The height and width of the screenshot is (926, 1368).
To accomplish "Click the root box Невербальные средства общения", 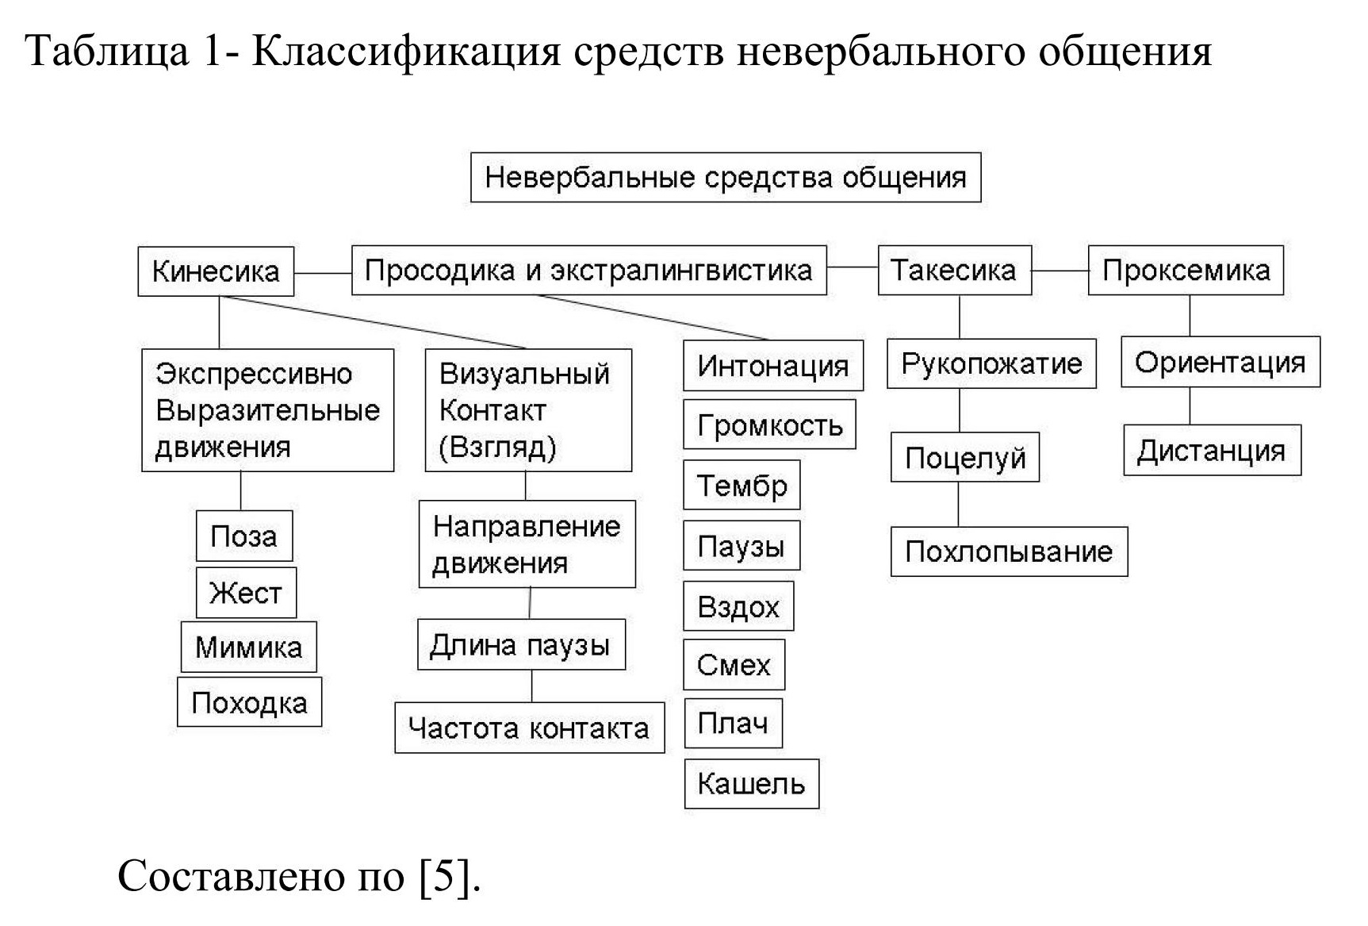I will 725,178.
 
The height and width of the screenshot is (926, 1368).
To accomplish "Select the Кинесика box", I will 216,271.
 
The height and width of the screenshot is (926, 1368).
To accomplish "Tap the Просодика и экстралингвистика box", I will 588,271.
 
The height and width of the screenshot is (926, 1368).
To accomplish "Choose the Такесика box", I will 953,271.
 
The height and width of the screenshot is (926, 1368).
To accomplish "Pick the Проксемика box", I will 1185,271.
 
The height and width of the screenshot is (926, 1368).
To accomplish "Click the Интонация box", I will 772,366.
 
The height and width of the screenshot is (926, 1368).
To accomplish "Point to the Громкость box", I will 769,425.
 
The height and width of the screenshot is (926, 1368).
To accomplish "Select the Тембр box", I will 741,485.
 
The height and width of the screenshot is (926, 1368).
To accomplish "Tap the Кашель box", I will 751,784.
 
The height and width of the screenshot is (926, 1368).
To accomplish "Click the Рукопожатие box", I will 991,364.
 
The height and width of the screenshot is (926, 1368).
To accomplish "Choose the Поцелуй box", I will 964,458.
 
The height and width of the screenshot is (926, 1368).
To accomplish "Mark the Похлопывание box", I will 1008,551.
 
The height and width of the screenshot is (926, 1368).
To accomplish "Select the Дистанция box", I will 1211,451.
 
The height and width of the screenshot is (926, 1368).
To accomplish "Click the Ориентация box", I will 1220,363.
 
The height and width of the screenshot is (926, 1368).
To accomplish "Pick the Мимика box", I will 248,647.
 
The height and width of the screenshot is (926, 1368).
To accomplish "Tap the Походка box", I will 249,702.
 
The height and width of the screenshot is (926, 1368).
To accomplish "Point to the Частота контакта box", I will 529,728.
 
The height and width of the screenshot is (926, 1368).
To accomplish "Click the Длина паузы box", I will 520,645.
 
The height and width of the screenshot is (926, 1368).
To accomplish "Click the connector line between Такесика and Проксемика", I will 1060,271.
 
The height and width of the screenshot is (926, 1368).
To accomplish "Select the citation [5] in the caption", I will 449,876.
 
